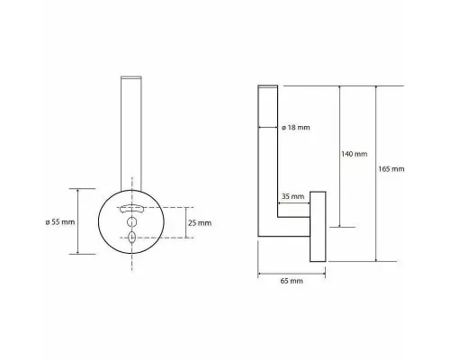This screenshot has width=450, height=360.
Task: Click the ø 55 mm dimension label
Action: coord(60,222)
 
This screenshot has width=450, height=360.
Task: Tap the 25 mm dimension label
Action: coord(200,223)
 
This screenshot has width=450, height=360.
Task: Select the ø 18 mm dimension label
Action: coord(296,128)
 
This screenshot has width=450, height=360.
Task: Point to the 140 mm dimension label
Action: coord(355,154)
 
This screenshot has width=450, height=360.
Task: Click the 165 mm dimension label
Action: coord(391,169)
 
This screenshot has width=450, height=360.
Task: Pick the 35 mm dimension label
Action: coord(292,196)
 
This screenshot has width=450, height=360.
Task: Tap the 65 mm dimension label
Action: coord(292,281)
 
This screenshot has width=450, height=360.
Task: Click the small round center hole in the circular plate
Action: coord(131,222)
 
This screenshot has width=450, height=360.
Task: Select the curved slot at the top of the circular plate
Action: coord(131,209)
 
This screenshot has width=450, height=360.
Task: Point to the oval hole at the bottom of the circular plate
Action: coord(131,237)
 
